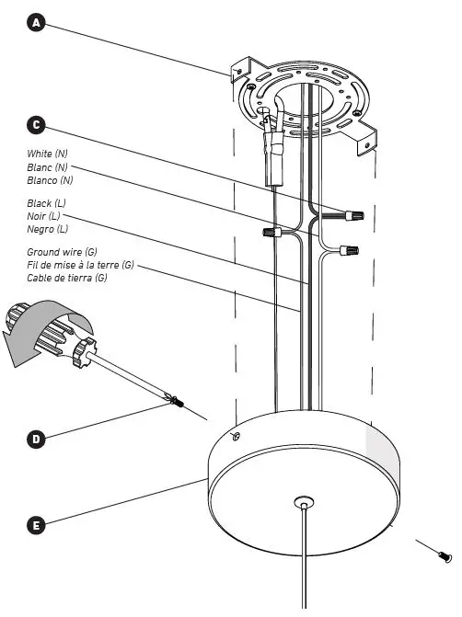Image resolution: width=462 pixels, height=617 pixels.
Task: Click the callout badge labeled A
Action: pyautogui.click(x=37, y=22)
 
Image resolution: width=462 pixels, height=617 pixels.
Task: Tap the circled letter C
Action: pyautogui.click(x=37, y=124)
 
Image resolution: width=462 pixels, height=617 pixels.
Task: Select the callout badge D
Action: pyautogui.click(x=37, y=439)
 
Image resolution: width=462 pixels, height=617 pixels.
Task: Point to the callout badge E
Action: pyautogui.click(x=37, y=526)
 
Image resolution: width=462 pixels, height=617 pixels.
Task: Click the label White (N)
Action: pyautogui.click(x=47, y=153)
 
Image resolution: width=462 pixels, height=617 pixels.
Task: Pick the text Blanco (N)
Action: pyautogui.click(x=49, y=180)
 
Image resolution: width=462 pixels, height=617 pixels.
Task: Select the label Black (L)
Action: pyautogui.click(x=47, y=202)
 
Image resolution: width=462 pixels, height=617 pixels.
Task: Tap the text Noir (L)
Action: pyautogui.click(x=44, y=215)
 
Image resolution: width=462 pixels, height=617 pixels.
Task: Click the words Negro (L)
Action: pyautogui.click(x=48, y=228)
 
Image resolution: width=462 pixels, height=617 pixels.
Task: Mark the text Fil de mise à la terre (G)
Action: pyautogui.click(x=81, y=265)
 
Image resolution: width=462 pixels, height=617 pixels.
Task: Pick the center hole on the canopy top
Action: pyautogui.click(x=303, y=502)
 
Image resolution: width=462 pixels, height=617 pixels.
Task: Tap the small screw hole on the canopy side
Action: pyautogui.click(x=235, y=437)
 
